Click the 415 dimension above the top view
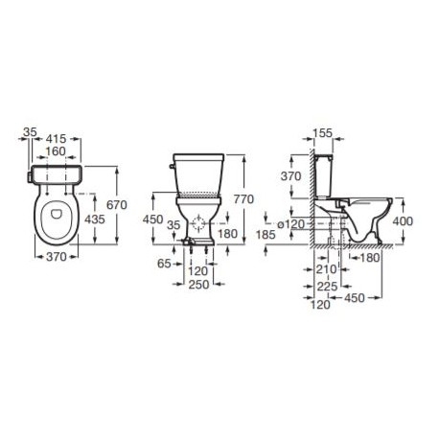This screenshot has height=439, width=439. click(56, 137)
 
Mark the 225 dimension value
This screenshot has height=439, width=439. click(326, 286)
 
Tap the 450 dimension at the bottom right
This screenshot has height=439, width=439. click(356, 299)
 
